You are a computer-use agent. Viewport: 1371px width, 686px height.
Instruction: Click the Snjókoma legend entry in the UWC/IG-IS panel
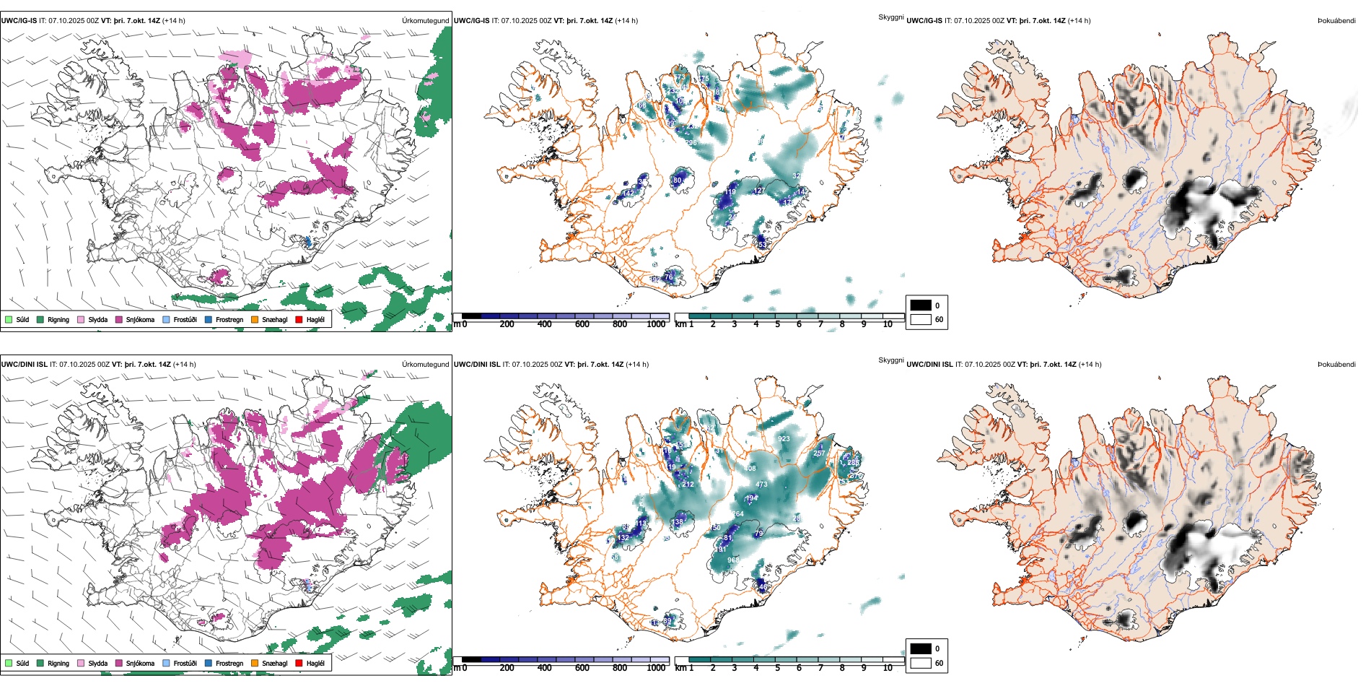pos(139,319)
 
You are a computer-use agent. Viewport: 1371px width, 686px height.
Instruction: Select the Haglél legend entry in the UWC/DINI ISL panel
pos(315,663)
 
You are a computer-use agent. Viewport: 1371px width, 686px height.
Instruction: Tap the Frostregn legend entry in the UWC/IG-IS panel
pos(229,319)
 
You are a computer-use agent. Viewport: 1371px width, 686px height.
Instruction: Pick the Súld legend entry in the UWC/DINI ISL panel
pos(22,663)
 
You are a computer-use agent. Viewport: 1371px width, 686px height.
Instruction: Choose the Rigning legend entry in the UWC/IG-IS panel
pos(58,319)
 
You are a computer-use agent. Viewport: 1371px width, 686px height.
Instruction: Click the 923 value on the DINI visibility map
pos(784,439)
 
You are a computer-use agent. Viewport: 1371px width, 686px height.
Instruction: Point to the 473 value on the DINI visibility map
pos(761,485)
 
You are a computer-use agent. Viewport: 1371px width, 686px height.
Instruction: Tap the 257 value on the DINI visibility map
pos(819,453)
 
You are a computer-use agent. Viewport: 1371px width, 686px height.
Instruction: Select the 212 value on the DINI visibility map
pos(688,484)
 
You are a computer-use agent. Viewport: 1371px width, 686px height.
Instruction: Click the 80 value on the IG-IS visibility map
pos(677,180)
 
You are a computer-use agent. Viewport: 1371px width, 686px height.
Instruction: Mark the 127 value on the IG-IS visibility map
pos(759,191)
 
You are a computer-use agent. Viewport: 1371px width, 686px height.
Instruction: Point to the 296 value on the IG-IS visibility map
pos(691,143)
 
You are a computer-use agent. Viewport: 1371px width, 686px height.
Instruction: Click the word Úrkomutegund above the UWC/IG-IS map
pos(425,21)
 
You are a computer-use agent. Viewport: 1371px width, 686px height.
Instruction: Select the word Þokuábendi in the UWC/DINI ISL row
pos(1336,365)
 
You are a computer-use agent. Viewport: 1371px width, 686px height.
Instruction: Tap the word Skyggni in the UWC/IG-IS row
pos(890,17)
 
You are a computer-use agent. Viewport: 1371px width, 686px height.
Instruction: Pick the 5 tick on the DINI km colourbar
pos(777,668)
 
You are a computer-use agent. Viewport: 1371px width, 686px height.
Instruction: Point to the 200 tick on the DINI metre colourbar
pos(507,668)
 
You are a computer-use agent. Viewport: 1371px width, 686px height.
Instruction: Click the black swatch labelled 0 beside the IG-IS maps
pos(921,305)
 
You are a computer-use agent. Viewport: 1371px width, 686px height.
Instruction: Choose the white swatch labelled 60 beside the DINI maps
pos(921,663)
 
